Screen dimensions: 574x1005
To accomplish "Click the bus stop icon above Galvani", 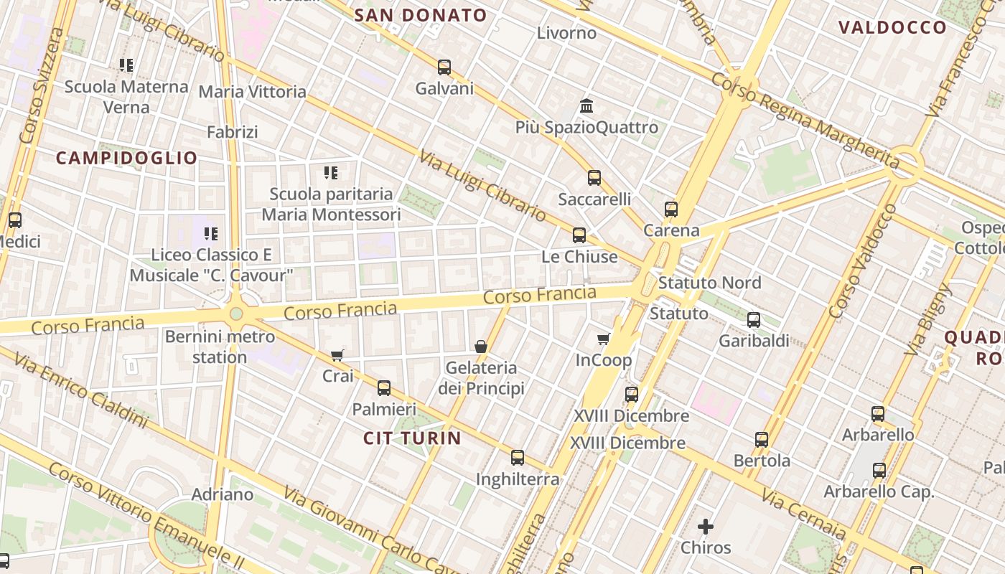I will pos(444,67).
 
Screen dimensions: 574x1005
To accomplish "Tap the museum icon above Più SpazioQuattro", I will pos(586,106).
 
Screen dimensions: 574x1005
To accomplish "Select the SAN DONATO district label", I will pos(421,15).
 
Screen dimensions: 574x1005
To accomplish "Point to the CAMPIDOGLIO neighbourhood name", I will pos(126,158).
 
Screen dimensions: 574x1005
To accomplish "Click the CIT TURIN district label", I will pos(412,438).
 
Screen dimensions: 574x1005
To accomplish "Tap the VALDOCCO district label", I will pos(892,27).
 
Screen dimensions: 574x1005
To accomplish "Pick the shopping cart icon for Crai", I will pos(337,355).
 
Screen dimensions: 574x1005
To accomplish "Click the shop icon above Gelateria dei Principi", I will pos(481,347).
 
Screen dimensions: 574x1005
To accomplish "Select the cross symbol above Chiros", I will pos(706,527).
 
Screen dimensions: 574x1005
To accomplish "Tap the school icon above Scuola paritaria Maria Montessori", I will pos(331,172).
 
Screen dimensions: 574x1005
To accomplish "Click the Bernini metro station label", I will pos(220,347).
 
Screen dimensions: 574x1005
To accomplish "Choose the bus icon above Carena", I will pos(671,210).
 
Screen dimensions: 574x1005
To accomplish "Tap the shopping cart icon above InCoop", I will pos(604,339).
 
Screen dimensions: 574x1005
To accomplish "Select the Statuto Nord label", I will pos(709,283).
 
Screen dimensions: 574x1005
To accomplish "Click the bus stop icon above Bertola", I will pos(762,440).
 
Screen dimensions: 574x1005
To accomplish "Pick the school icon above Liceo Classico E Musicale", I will pos(211,233).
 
